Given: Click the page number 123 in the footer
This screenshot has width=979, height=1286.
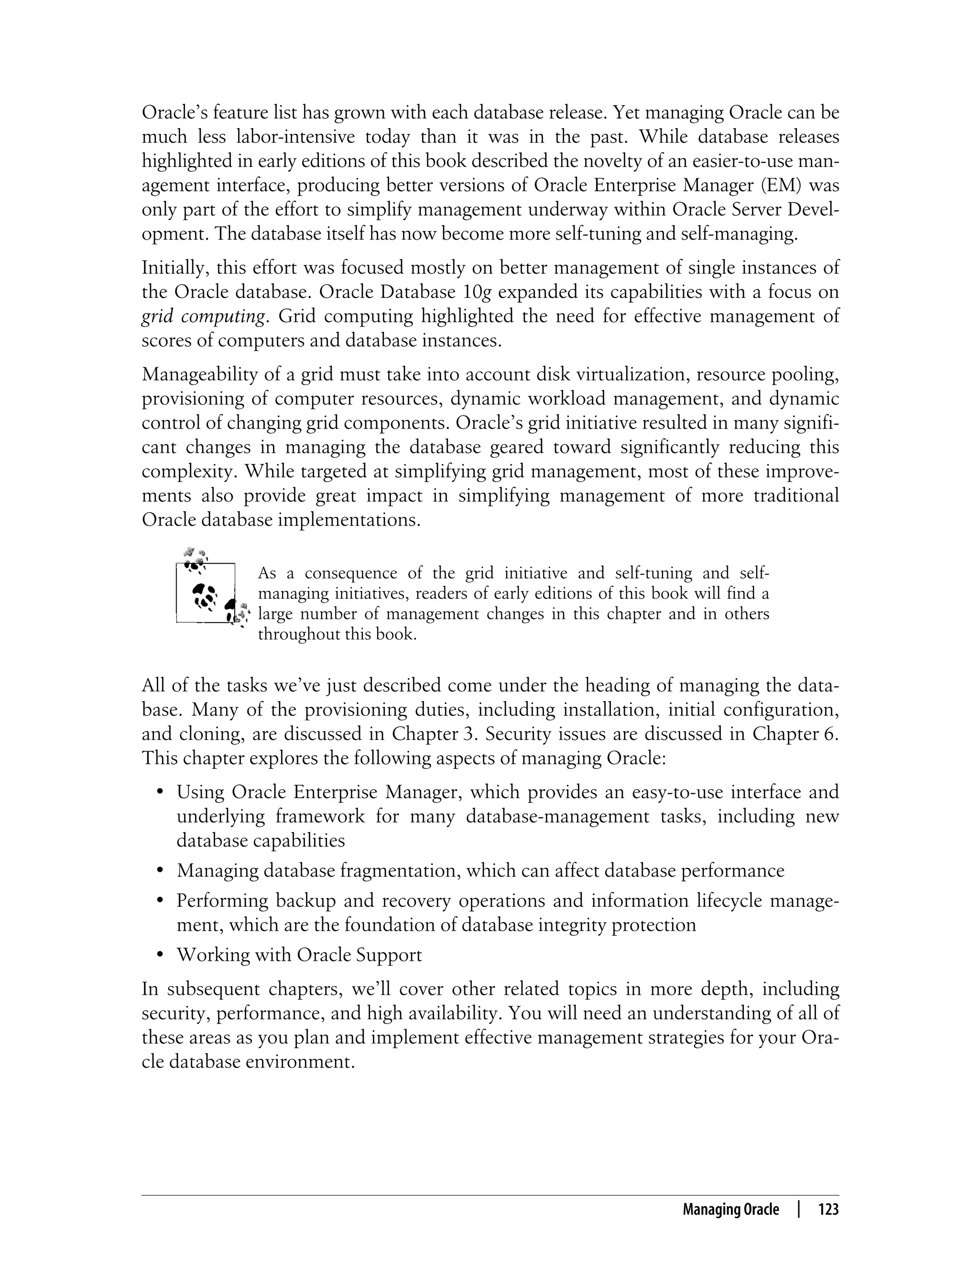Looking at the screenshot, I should pyautogui.click(x=828, y=1209).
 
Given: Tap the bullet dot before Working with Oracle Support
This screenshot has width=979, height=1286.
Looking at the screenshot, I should pyautogui.click(x=159, y=956).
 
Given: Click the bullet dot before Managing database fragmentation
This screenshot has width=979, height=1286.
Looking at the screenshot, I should pyautogui.click(x=159, y=871).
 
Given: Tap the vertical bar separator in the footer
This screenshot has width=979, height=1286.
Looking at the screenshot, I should pyautogui.click(x=799, y=1209).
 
